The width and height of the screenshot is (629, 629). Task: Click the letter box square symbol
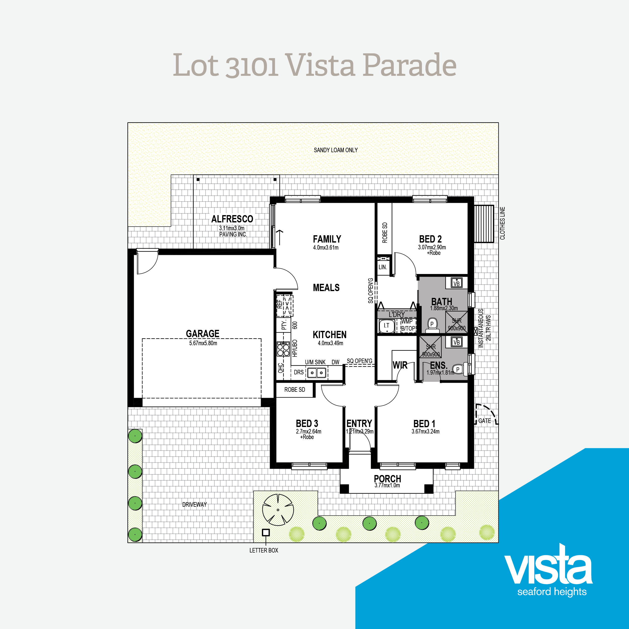tap(266, 533)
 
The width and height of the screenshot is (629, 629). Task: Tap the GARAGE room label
tap(203, 333)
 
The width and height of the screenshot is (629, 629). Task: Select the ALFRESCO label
tap(232, 219)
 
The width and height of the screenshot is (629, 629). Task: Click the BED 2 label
tap(430, 239)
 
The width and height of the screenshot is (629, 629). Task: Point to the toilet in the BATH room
tap(432, 325)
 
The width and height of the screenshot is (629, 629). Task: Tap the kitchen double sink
tap(317, 372)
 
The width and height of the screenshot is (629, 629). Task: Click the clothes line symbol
tap(484, 224)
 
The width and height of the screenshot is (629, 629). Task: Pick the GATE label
tap(484, 421)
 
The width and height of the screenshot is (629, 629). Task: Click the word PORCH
tap(387, 479)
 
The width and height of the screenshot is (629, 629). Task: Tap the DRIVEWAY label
tap(194, 504)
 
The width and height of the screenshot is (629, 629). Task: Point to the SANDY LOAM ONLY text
tap(336, 150)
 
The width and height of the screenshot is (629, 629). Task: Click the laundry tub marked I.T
tap(386, 326)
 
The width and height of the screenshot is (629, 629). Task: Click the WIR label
tap(400, 365)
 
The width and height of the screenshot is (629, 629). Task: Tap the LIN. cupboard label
tap(383, 267)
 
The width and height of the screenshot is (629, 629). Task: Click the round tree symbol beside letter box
tap(278, 510)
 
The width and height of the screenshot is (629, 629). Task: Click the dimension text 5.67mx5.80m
tap(203, 343)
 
